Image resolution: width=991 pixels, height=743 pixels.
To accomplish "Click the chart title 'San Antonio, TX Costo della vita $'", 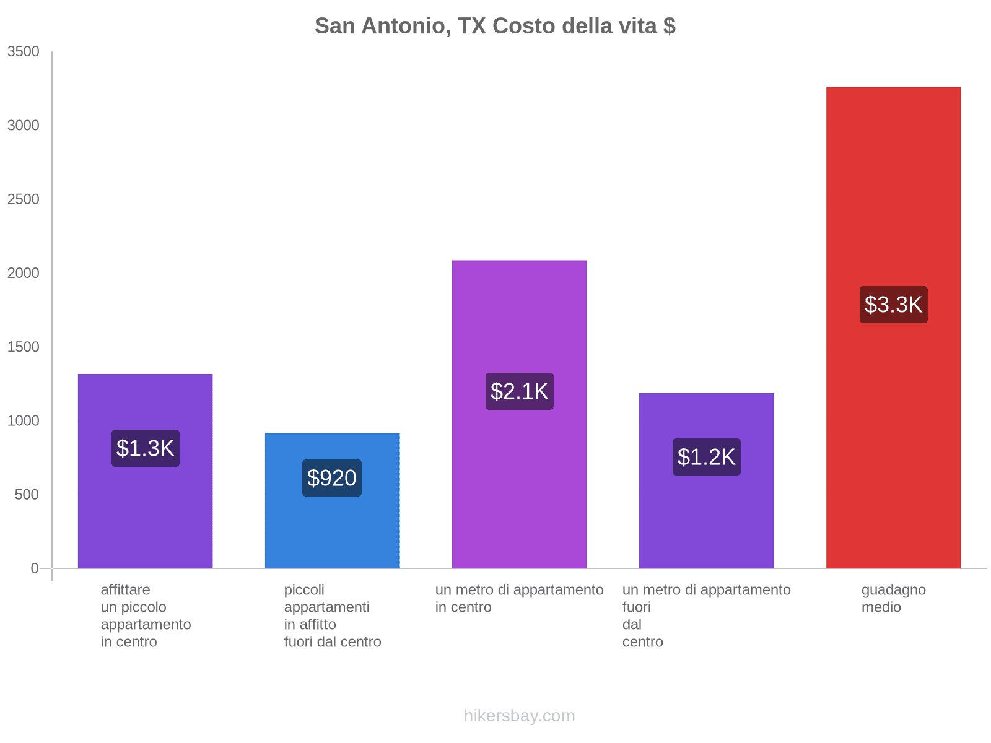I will coord(495,26).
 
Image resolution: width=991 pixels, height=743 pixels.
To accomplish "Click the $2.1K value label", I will coord(519,391).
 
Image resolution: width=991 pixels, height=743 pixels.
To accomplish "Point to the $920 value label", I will coord(332,478).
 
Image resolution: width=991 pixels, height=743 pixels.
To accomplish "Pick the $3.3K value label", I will coord(893,305).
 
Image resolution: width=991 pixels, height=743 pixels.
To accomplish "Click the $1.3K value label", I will coord(146,448).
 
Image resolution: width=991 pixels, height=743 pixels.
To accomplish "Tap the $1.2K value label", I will coord(706,457).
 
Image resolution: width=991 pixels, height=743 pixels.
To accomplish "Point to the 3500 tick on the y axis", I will coord(24,52).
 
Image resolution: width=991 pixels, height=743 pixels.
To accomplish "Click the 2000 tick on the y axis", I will coord(24,273).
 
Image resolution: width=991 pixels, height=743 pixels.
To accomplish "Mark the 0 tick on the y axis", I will coord(35,568).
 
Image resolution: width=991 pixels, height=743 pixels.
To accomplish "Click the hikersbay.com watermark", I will coord(519,716).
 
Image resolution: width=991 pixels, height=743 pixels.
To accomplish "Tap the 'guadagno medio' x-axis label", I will coord(893,599).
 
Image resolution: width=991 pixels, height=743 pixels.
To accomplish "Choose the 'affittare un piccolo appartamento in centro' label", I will coord(146,615).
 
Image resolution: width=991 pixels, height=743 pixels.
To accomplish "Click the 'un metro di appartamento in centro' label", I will coord(519,599).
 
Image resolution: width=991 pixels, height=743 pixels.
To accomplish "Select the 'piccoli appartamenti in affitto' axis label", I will coord(332,615).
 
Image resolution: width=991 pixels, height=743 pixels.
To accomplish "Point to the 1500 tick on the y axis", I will coord(24,347).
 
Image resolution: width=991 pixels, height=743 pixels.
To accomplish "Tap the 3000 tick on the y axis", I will coord(24,126).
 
